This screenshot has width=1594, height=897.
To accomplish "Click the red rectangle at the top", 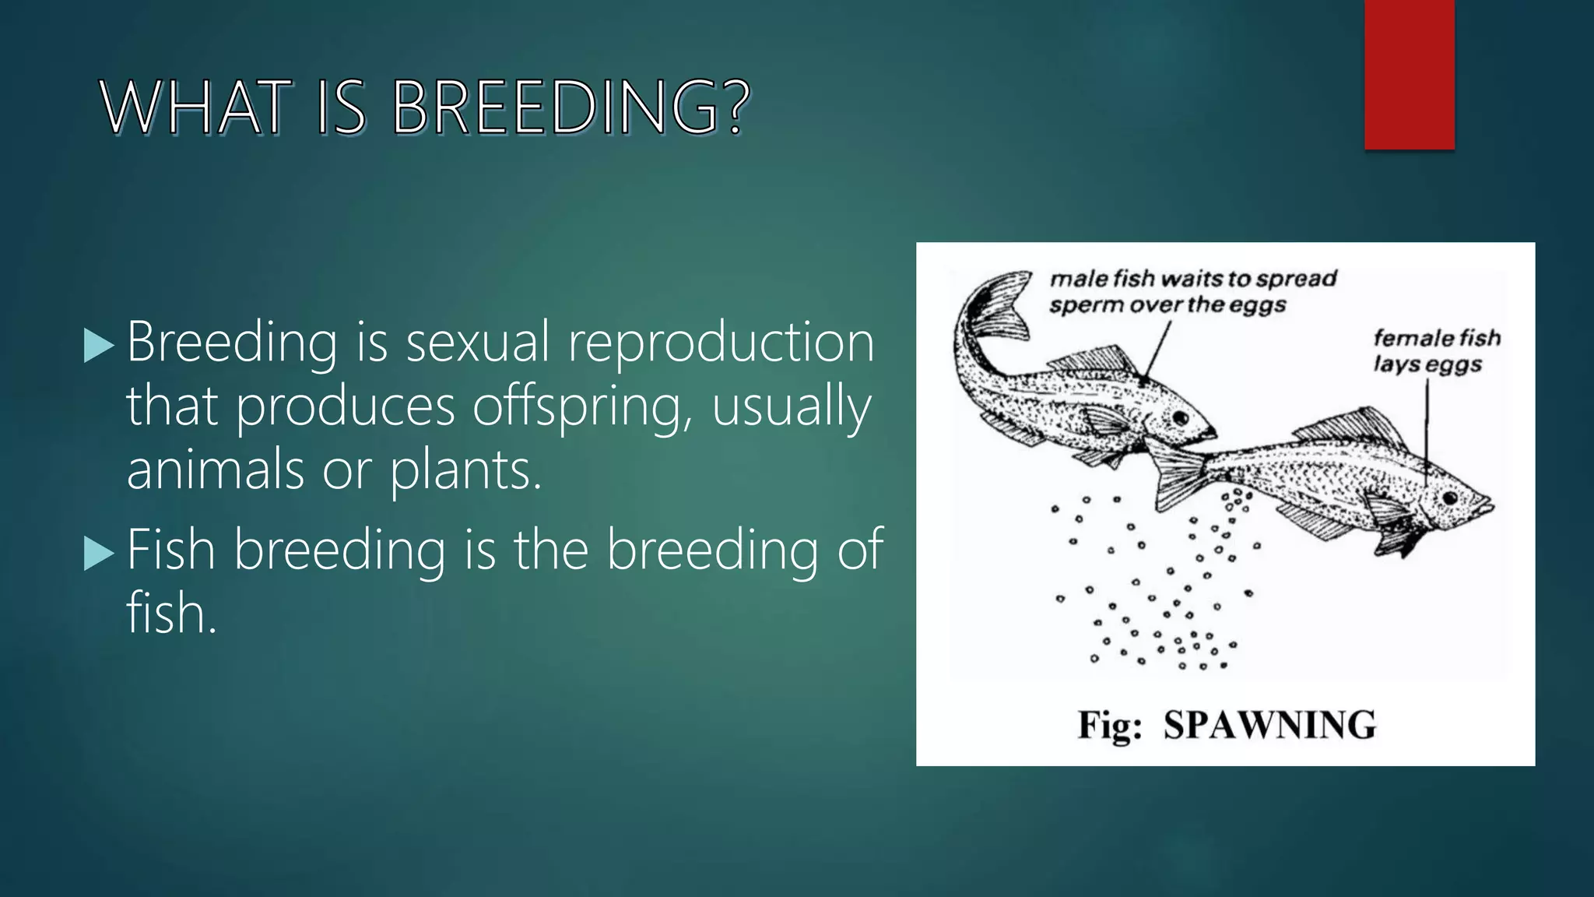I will (1409, 74).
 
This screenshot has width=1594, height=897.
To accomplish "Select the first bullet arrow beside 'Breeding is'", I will (98, 345).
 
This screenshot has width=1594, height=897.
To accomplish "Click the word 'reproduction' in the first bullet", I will (721, 343).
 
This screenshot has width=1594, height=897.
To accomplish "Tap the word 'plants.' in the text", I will (465, 470).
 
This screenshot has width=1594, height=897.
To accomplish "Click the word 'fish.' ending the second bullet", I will (171, 614).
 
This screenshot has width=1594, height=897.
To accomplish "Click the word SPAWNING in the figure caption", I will (1269, 725).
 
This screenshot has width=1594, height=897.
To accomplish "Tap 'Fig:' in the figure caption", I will (1110, 725).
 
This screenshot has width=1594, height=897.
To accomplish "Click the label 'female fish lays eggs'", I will (1436, 351).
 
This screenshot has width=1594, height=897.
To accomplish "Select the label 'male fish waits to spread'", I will (1192, 279).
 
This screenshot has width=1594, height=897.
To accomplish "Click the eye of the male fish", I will (1181, 418).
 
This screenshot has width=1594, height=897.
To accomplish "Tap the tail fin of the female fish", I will (1175, 475).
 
